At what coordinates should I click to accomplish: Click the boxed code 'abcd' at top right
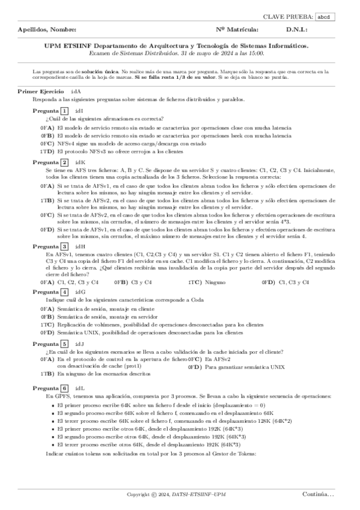coord(341,17)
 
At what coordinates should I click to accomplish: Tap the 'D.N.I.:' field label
coord(297,29)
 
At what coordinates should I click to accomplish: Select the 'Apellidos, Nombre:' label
coord(47,29)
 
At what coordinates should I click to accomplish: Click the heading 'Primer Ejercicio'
coord(40,91)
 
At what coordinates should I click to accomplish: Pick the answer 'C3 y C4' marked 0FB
coord(141,281)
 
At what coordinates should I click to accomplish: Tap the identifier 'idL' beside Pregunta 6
coord(80,388)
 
